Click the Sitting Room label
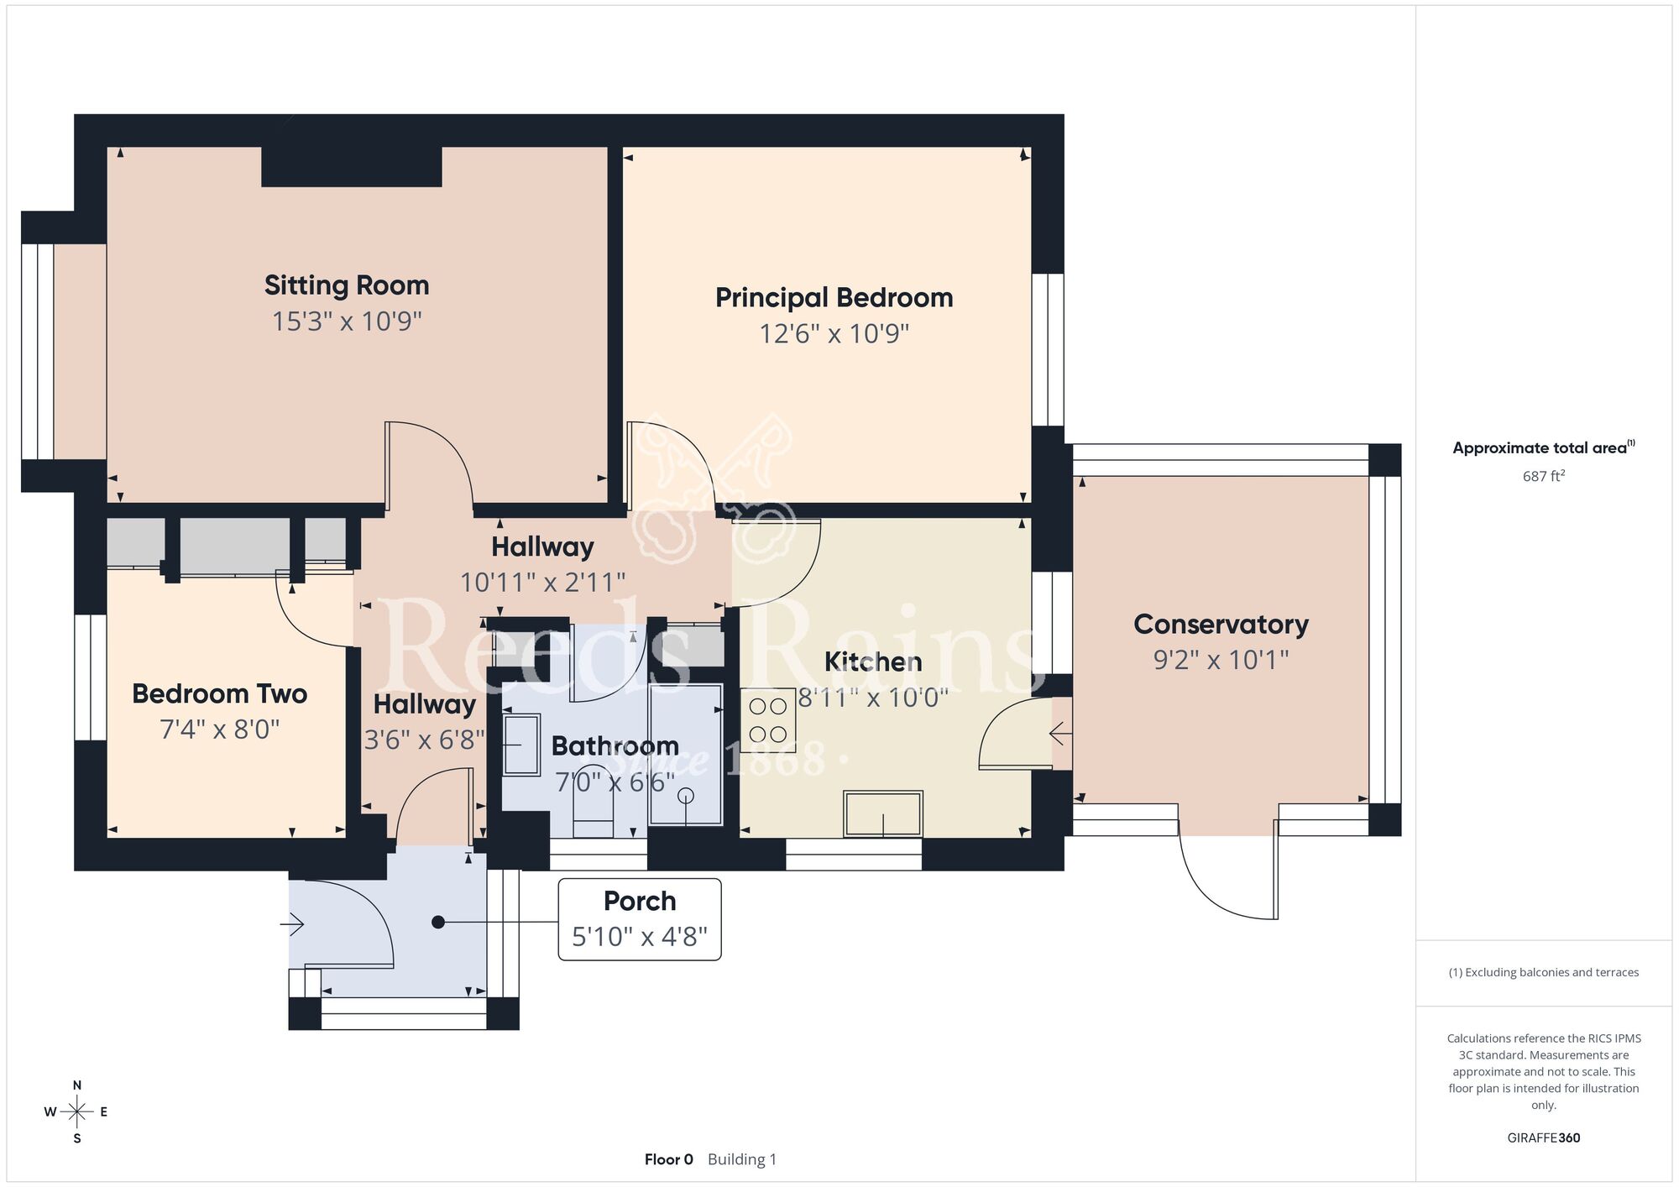click(347, 285)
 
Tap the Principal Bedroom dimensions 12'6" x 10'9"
click(834, 334)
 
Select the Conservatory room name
click(1221, 625)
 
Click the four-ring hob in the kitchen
click(768, 720)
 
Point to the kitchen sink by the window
click(883, 813)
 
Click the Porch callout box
click(640, 919)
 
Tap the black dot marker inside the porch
click(437, 923)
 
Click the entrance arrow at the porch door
click(292, 924)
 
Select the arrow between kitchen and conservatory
click(1060, 735)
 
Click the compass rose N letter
click(77, 1085)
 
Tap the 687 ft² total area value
click(1543, 476)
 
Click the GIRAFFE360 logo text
click(1543, 1138)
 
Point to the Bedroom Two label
click(219, 694)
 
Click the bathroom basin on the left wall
click(520, 745)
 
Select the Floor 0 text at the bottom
click(668, 1159)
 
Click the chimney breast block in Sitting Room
click(351, 166)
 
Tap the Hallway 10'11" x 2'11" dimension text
click(542, 582)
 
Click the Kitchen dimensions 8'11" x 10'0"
click(873, 698)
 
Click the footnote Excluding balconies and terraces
click(1543, 972)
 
